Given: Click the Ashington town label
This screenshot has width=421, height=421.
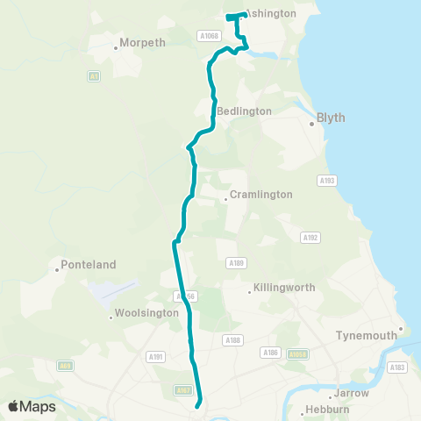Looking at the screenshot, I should [271, 14].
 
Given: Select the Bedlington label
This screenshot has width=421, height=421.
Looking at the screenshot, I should [245, 111].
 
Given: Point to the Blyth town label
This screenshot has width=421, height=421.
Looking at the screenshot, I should [331, 117].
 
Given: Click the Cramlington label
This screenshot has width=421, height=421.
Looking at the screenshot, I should [260, 195].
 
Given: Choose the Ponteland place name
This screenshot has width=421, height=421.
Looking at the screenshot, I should [85, 264].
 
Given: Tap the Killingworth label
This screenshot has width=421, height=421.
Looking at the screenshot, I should [284, 287].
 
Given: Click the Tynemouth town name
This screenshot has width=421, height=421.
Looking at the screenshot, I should [367, 335].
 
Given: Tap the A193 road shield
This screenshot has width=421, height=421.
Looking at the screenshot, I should [326, 180].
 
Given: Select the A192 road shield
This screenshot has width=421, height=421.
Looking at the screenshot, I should [310, 238].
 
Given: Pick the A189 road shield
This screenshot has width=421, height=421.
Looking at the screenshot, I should [235, 262].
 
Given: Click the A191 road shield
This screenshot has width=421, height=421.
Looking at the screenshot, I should [156, 356].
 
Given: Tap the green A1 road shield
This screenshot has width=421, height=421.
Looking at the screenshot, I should [93, 77].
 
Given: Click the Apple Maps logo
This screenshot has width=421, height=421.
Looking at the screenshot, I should [32, 406].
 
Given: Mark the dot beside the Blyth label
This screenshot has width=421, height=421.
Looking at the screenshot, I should [311, 124].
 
